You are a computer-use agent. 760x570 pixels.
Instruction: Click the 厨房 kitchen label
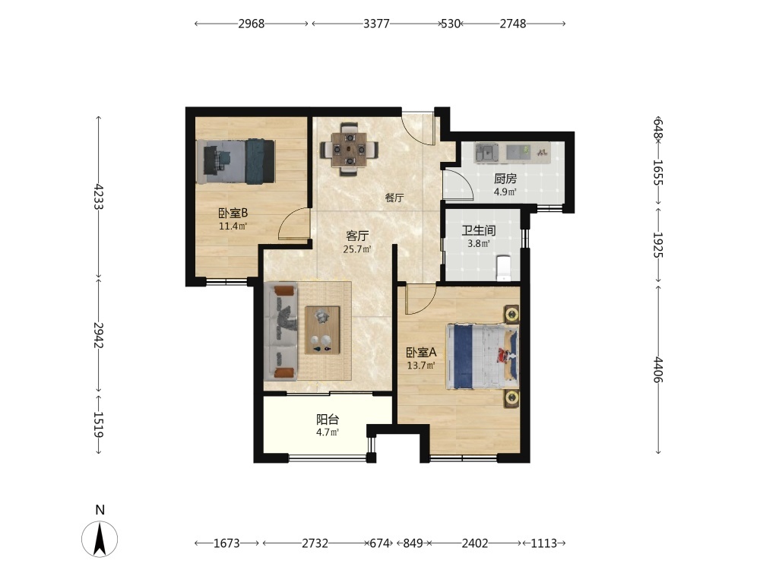coord(505,179)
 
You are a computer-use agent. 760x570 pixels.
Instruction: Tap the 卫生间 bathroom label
coord(478,231)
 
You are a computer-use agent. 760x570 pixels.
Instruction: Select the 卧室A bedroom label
coord(421,353)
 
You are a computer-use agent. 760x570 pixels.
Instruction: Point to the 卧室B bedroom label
coord(233,213)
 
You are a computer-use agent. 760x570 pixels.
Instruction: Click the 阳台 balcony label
coord(328,420)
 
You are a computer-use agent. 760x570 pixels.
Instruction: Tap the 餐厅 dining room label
coord(394,198)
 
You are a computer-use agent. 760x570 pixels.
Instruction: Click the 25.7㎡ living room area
coord(357,249)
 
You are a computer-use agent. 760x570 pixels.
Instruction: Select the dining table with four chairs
coord(349,148)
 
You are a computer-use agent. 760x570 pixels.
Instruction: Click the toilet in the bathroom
coord(504,268)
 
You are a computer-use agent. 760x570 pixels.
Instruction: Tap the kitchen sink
coord(486,153)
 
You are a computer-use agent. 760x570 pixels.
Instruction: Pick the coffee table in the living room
coord(322,330)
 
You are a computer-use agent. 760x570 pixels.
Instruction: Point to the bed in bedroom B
coord(236,161)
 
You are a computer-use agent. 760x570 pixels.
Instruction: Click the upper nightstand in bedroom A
coord(511,315)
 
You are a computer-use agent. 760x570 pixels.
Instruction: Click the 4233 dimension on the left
coord(99,196)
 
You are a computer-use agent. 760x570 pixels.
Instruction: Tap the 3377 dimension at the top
coord(376,24)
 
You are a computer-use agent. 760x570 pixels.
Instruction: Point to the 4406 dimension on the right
coord(657,370)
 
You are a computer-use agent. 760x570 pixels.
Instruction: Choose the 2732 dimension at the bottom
coord(315,543)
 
